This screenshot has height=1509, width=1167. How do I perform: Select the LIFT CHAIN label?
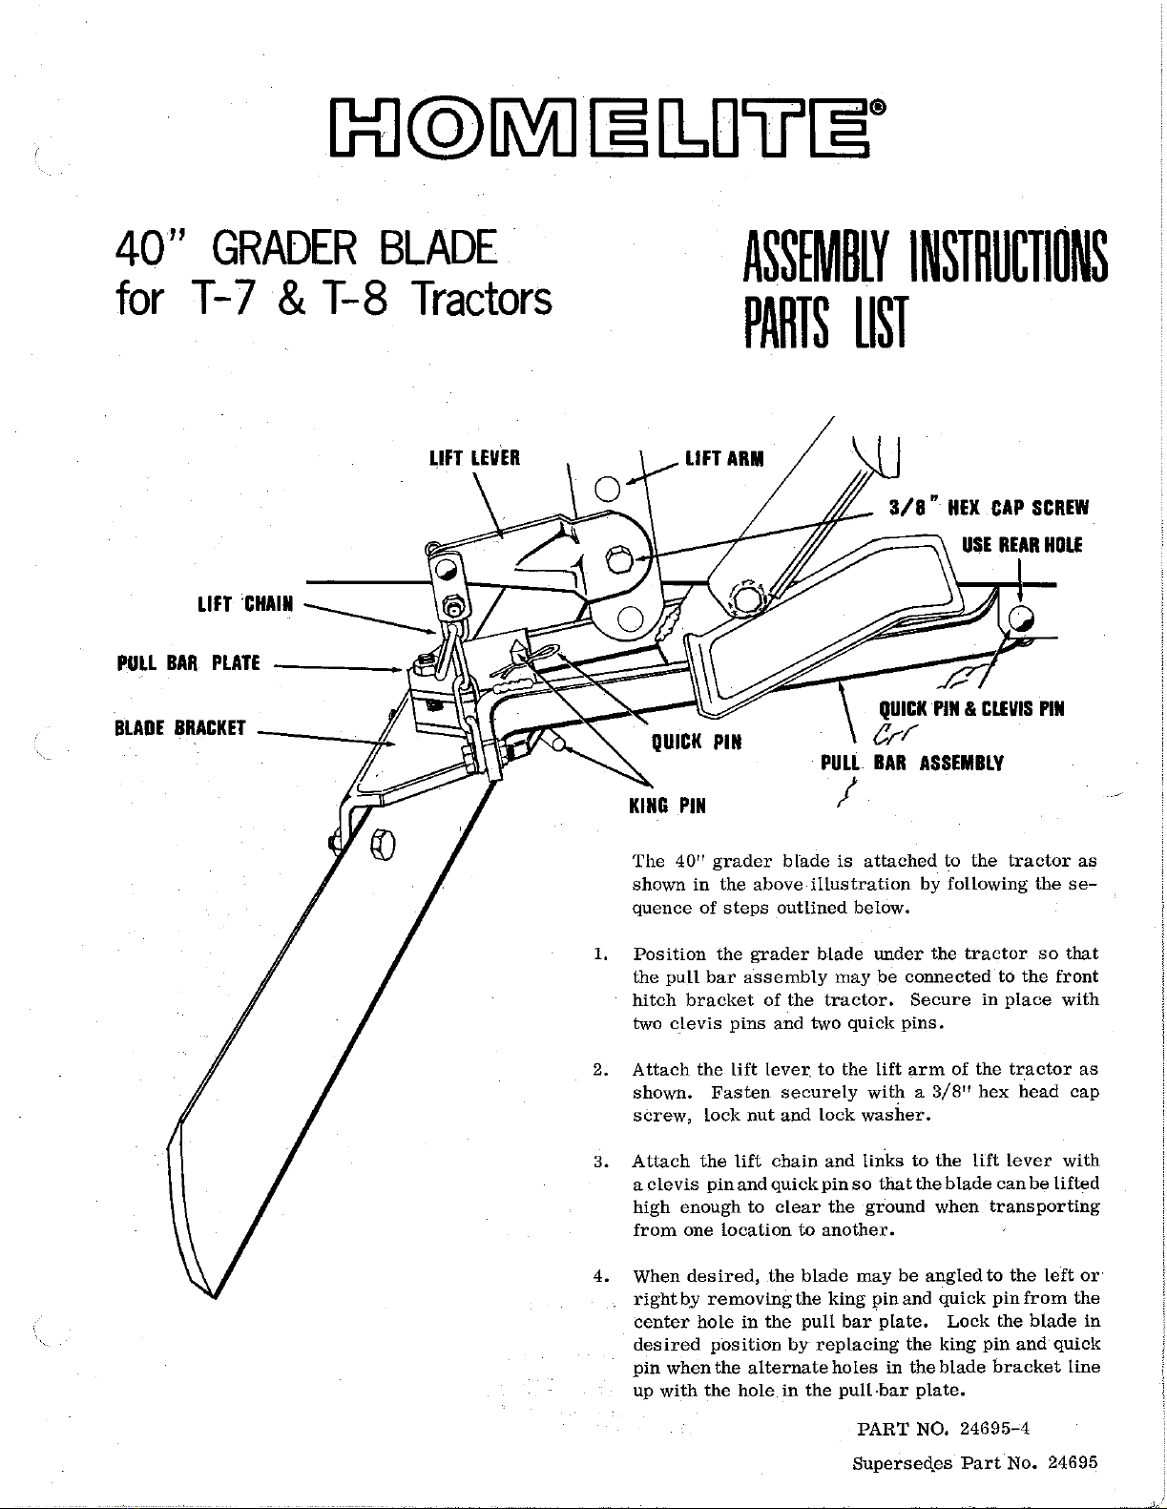point(247,603)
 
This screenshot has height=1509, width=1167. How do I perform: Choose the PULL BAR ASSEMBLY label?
point(911,763)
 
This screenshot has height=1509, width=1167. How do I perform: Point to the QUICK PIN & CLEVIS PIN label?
point(969,708)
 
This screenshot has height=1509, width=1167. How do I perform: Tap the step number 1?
point(598,954)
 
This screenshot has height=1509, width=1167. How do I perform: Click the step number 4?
point(598,1275)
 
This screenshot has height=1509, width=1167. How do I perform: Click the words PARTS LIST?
point(821,322)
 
